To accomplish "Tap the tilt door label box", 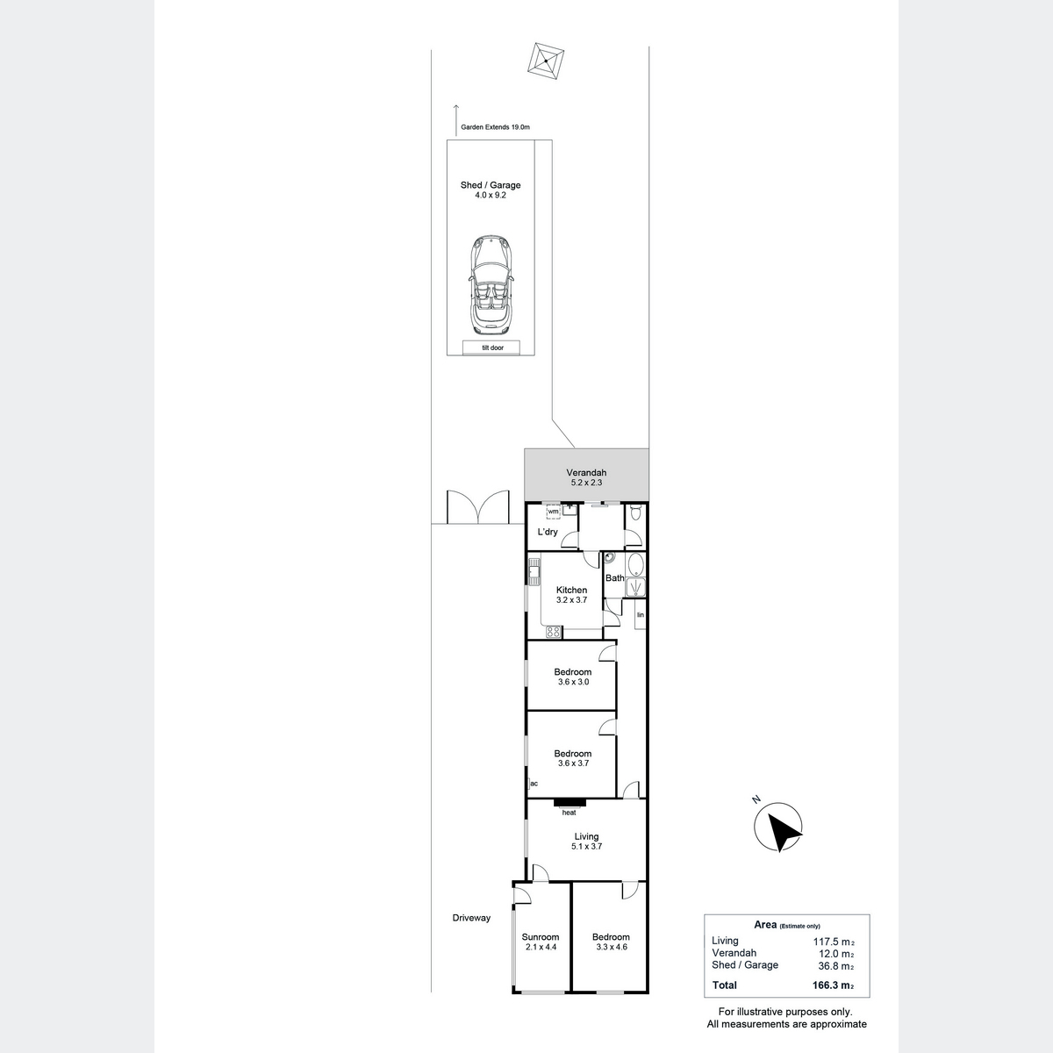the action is pos(491,347).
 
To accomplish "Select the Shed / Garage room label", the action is pos(491,185).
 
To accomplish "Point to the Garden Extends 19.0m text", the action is pos(495,127).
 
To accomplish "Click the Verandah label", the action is pos(586,473).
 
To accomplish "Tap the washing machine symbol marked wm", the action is pos(554,512).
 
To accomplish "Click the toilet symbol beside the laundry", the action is pos(635,512).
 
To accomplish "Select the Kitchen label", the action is pos(571,591).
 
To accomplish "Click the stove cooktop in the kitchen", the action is pos(553,632).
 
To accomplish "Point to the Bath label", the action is pos(615,578).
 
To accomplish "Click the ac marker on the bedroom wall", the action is pos(534,784).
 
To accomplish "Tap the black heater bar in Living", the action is pos(570,803).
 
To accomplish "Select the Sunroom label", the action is pos(541,937).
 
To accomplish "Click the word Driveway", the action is pos(471,918).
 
